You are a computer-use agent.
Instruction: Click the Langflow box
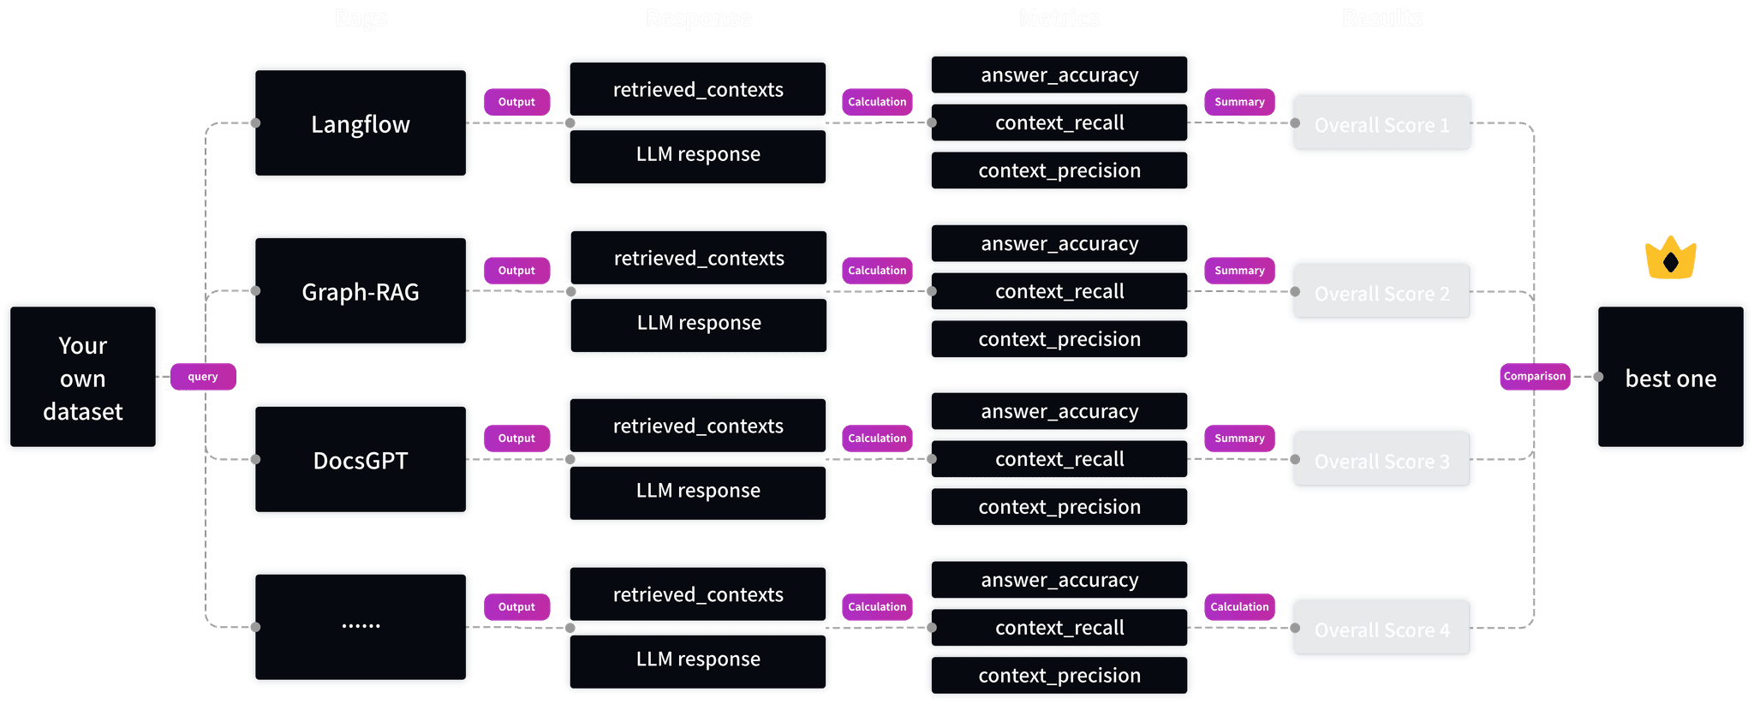click(361, 123)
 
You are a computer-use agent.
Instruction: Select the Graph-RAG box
click(361, 291)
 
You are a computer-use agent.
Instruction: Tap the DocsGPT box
click(361, 460)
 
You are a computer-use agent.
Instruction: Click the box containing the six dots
click(361, 627)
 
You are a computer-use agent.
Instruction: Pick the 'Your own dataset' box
click(83, 377)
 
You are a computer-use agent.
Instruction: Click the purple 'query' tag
click(203, 377)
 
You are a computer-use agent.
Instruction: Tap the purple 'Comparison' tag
click(1535, 376)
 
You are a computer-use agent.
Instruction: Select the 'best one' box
click(1670, 377)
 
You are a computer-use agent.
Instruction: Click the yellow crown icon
click(1670, 259)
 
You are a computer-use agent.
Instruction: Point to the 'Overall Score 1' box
click(1381, 123)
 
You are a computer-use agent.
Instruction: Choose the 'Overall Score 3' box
click(1381, 460)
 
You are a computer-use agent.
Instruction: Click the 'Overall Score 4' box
click(1381, 629)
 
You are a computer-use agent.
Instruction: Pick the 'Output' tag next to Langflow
click(516, 102)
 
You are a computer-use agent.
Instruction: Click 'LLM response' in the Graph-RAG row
click(699, 323)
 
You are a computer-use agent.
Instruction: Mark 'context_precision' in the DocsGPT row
click(1059, 507)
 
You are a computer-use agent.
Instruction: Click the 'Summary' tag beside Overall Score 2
click(1239, 271)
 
